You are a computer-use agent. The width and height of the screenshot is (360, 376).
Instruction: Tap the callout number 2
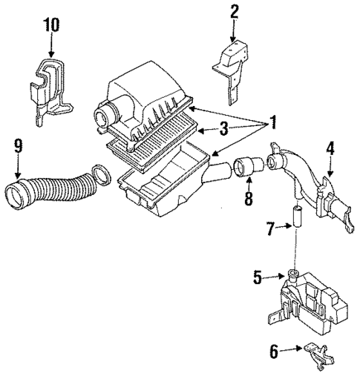click(x=234, y=12)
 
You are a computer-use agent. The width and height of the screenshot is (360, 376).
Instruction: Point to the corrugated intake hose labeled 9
click(x=51, y=191)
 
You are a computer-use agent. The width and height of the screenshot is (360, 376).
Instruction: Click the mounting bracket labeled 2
click(x=232, y=65)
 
